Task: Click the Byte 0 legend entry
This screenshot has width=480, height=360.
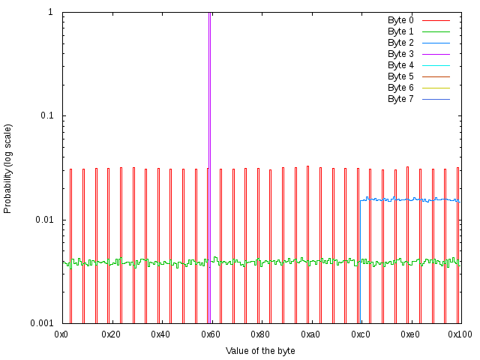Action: (400, 20)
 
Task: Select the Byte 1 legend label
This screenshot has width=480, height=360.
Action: (400, 31)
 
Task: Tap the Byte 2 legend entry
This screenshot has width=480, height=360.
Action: (400, 43)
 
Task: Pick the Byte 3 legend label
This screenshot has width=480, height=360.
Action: (400, 54)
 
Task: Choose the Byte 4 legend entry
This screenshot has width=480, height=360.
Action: (400, 65)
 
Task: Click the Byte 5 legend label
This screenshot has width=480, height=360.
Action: (400, 76)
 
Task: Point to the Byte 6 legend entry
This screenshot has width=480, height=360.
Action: (400, 88)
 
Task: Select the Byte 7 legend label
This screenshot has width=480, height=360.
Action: (400, 99)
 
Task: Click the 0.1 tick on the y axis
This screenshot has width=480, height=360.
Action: (46, 116)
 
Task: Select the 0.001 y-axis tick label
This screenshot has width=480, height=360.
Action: (42, 323)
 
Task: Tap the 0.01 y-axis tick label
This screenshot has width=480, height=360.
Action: (44, 220)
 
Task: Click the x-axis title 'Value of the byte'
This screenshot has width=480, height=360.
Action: (260, 350)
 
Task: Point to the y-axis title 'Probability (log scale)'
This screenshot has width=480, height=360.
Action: (8, 168)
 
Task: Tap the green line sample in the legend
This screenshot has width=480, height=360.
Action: (435, 31)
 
